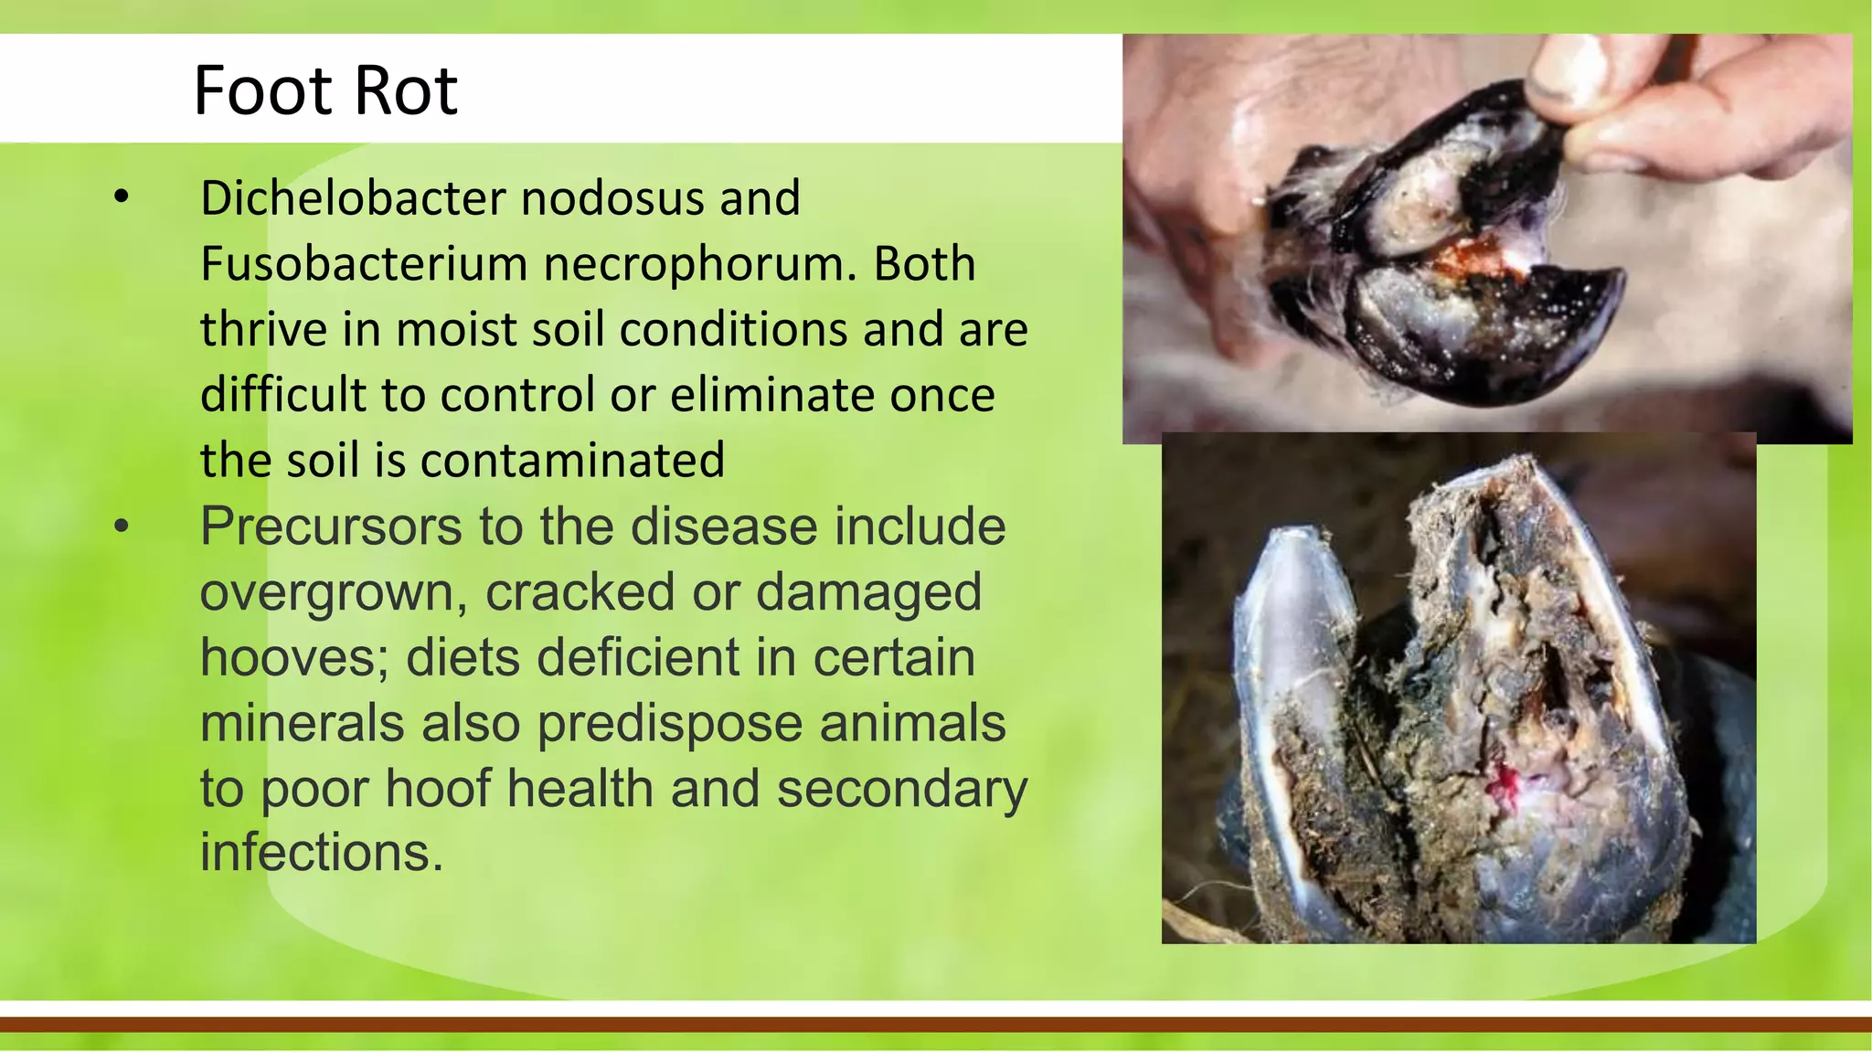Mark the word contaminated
coord(572,460)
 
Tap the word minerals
coord(302,723)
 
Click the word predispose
coord(670,723)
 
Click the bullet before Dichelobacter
coord(122,197)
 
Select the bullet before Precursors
coord(122,526)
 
